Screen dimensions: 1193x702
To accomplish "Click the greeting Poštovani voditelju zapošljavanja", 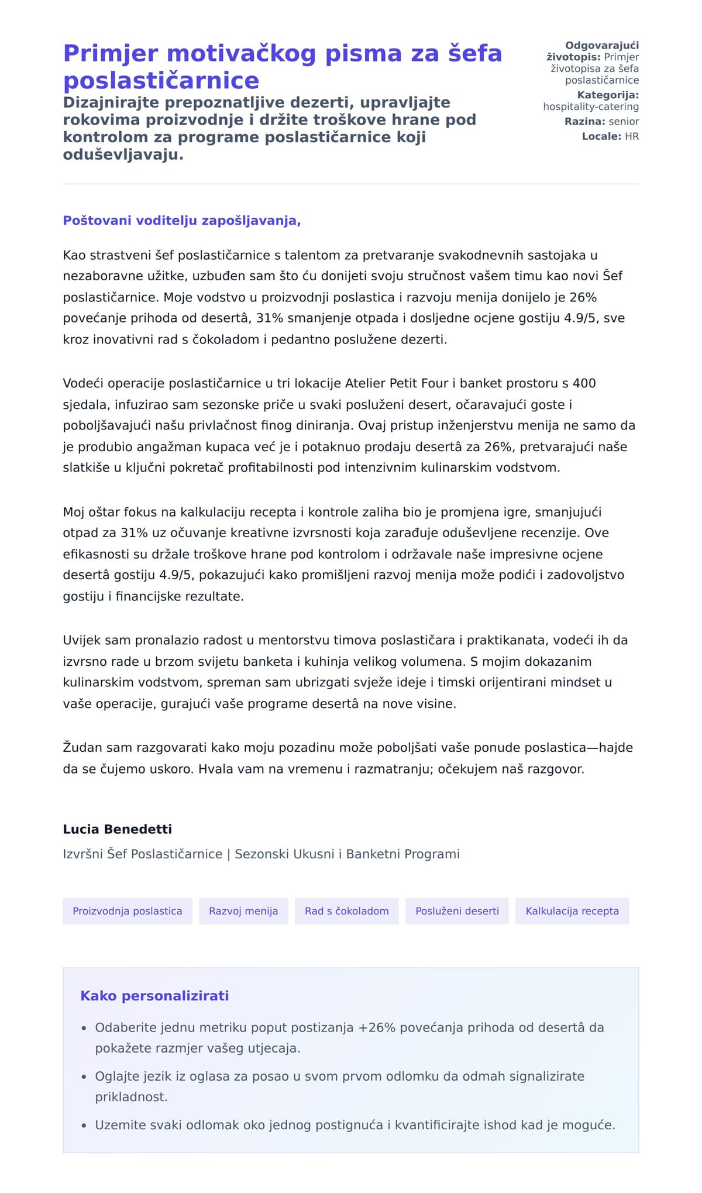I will pyautogui.click(x=181, y=221).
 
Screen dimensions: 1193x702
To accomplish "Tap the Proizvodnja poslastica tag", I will pyautogui.click(x=128, y=911).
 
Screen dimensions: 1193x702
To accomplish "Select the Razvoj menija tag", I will pyautogui.click(x=243, y=911).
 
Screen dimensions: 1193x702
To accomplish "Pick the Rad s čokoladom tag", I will pyautogui.click(x=346, y=911).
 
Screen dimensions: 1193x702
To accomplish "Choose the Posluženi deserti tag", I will pyautogui.click(x=457, y=911).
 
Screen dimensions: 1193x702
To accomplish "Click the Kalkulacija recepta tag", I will pyautogui.click(x=572, y=911).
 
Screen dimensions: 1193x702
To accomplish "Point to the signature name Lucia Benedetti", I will pyautogui.click(x=117, y=829).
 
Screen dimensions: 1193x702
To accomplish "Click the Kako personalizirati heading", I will pyautogui.click(x=154, y=996).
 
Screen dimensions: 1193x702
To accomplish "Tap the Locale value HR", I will pyautogui.click(x=632, y=136).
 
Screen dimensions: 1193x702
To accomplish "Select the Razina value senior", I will pyautogui.click(x=624, y=122).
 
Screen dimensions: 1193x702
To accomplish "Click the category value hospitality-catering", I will pyautogui.click(x=591, y=106).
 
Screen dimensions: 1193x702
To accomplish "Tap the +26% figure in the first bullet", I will pyautogui.click(x=377, y=1027).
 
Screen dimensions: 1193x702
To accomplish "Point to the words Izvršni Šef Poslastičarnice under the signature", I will pyautogui.click(x=142, y=854).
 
